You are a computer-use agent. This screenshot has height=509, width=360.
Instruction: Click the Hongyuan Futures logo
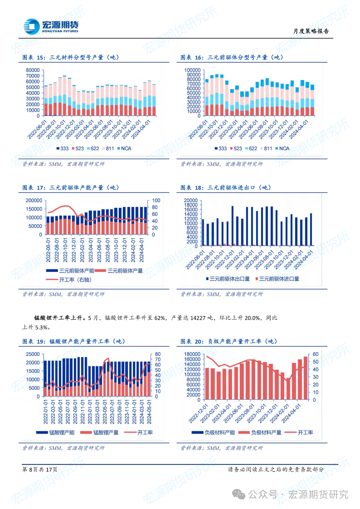51,26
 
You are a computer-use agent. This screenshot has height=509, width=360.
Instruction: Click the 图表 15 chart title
71,57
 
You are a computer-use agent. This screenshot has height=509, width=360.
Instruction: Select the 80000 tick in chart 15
33,70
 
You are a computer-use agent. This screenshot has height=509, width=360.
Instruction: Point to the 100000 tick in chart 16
192,70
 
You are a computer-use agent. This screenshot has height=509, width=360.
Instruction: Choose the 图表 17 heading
71,188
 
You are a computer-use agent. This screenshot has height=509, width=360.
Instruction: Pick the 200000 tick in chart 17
34,200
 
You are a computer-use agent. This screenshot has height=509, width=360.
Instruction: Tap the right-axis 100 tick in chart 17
156,200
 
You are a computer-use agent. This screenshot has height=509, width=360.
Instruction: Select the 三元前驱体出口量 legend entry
228,279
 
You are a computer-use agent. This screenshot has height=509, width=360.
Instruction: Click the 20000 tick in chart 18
191,200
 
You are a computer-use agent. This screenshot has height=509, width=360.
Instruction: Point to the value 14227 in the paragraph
198,318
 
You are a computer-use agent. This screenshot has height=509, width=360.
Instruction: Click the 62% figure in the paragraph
160,318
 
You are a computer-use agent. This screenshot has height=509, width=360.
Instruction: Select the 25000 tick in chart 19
33,354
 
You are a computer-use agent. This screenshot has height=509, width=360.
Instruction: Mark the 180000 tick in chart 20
192,354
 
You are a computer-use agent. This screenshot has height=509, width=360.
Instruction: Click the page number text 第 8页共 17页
40,469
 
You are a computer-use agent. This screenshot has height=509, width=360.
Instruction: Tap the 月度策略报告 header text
311,31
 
